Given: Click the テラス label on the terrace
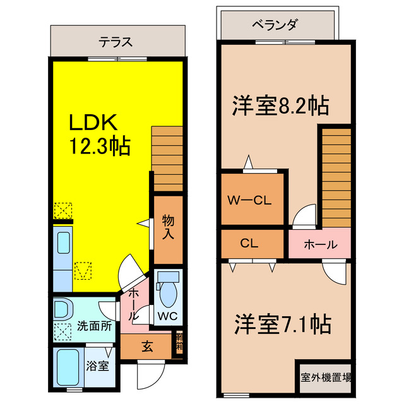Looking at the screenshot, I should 115,43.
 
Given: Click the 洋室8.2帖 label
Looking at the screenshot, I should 280,105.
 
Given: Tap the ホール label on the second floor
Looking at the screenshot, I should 319,244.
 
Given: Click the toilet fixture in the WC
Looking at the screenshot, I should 168,290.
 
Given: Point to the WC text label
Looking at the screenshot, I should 168,314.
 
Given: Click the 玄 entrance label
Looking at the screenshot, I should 146,346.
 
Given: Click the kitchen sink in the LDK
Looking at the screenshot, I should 64,243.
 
